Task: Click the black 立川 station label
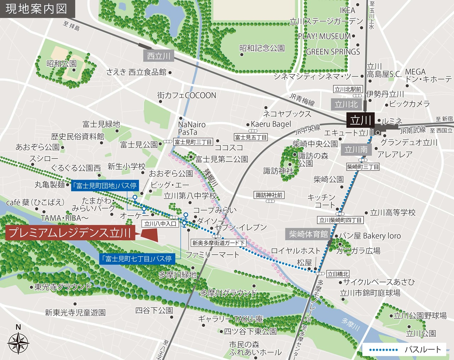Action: (360, 120)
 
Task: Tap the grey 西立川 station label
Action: (159, 56)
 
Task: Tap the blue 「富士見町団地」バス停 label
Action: (104, 185)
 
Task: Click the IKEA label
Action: (347, 10)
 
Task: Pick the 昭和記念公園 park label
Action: (262, 48)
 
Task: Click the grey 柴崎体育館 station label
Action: (308, 234)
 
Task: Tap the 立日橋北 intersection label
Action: (338, 274)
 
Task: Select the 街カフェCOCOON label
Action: (187, 95)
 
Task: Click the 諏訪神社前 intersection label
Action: (269, 195)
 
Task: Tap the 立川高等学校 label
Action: (393, 212)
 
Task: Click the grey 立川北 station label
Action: (346, 104)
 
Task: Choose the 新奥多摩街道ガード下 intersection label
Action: (218, 243)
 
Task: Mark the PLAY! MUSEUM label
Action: (324, 36)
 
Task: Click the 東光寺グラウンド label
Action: (63, 287)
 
